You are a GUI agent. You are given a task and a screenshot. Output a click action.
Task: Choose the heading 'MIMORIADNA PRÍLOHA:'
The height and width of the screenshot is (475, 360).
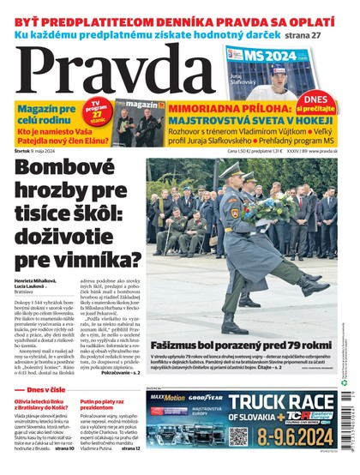tap(225, 108)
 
